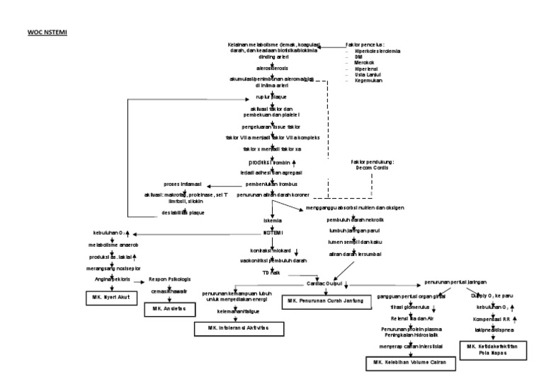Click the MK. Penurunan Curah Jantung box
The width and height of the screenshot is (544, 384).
tap(326, 301)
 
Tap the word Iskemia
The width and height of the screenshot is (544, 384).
tap(263, 220)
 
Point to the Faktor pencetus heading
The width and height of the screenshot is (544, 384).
tap(365, 43)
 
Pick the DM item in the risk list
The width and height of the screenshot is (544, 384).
tap(358, 56)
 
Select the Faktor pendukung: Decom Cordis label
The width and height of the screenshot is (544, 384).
tap(371, 165)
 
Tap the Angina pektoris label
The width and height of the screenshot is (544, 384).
tap(110, 279)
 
